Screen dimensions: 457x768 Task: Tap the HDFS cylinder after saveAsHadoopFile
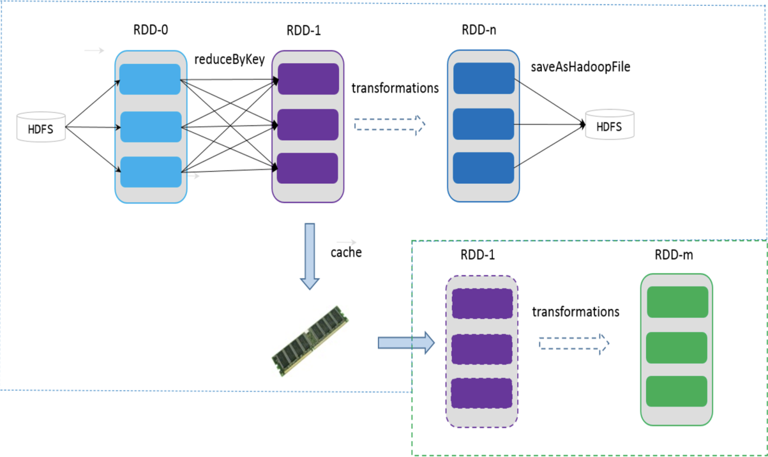(x=610, y=125)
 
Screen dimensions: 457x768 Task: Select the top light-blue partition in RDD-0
(x=150, y=80)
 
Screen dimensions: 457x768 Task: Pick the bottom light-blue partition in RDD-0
(x=150, y=172)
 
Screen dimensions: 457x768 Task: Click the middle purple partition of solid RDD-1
(x=307, y=124)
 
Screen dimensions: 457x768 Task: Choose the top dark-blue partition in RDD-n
(x=483, y=79)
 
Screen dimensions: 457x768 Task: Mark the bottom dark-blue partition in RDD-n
(x=483, y=168)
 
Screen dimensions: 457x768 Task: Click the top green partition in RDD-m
(x=677, y=302)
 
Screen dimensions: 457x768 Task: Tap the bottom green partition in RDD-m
(x=677, y=391)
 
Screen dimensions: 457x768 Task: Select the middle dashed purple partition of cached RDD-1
(x=482, y=348)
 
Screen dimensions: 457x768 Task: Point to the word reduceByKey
(x=229, y=60)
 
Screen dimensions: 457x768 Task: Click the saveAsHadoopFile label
(x=580, y=66)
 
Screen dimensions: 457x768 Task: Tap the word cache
(x=346, y=252)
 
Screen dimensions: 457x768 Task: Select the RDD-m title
(x=674, y=255)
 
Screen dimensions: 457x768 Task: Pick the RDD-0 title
(x=150, y=29)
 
